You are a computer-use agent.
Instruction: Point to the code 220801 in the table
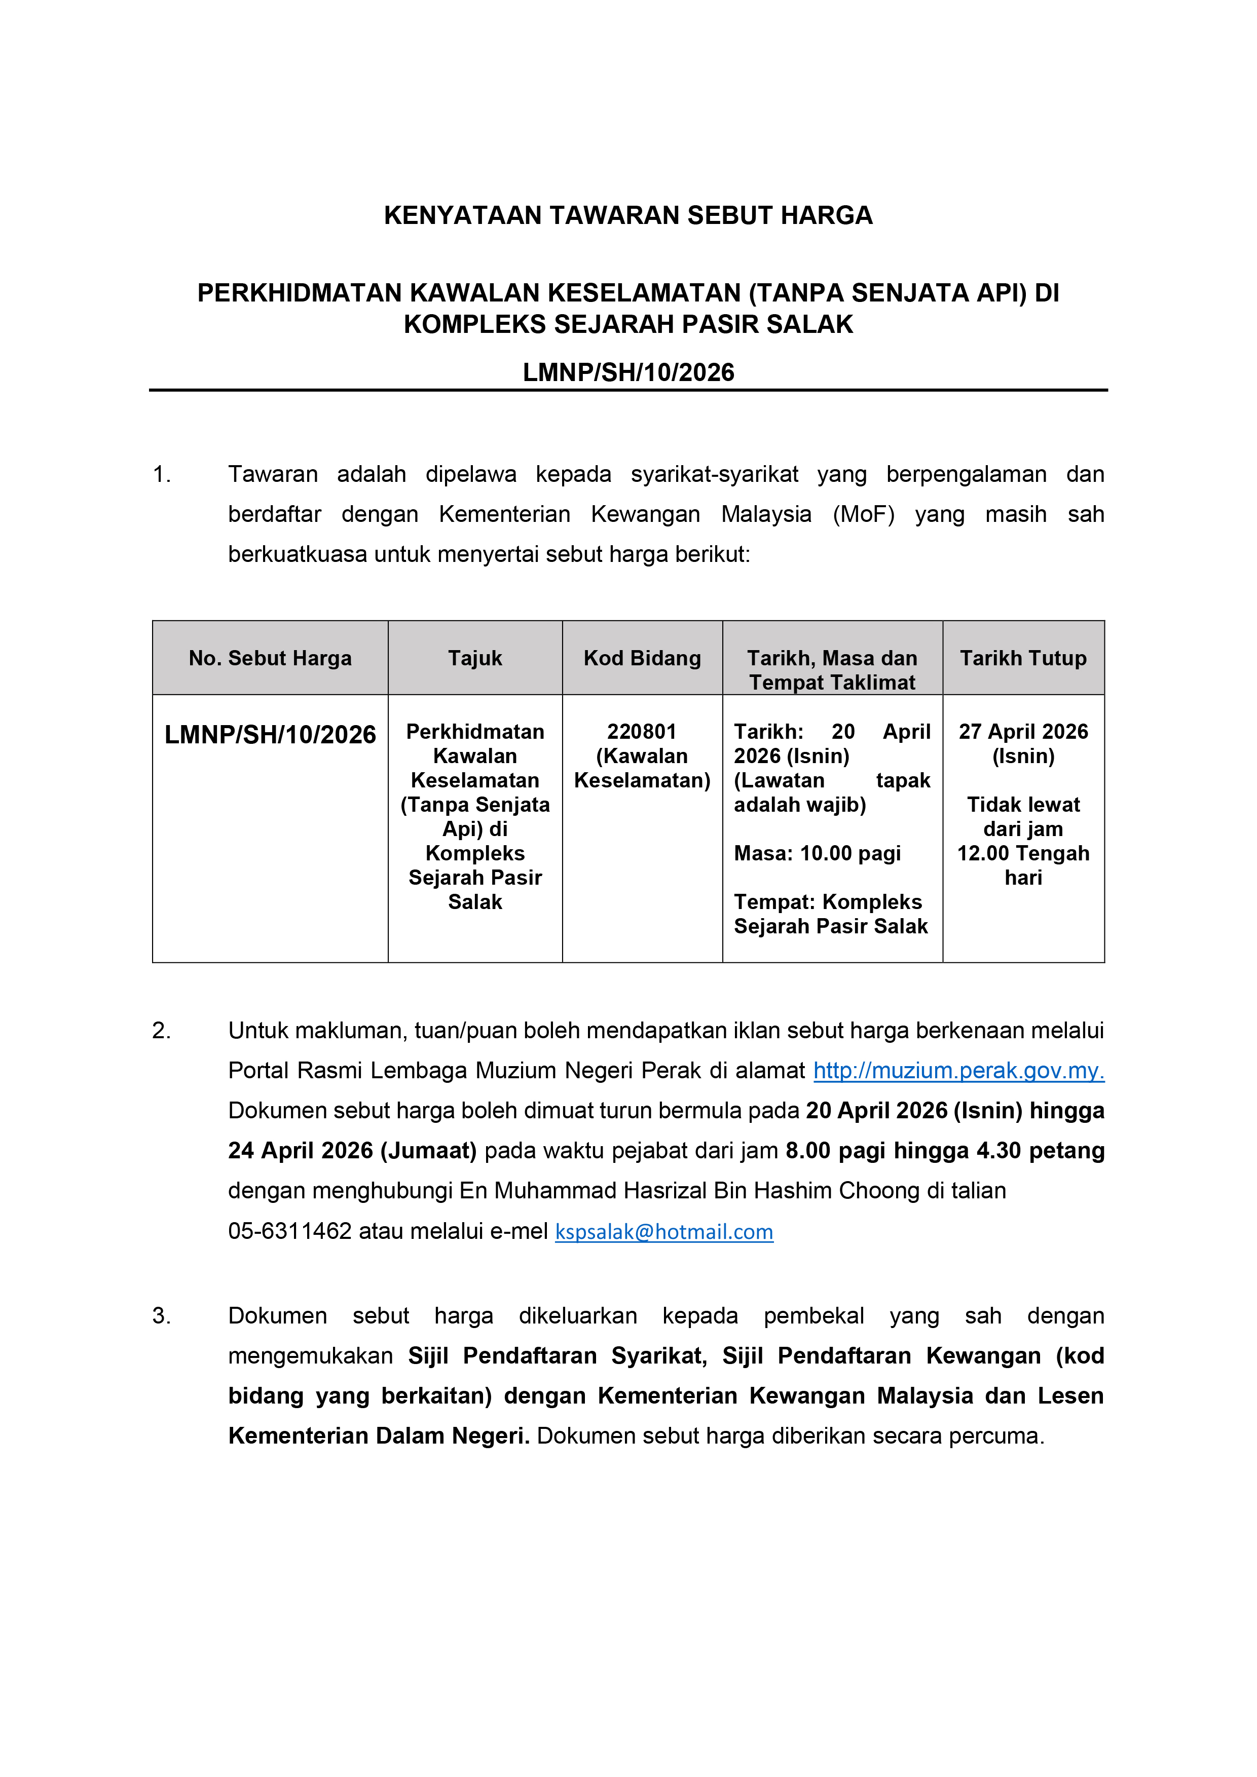[x=642, y=731]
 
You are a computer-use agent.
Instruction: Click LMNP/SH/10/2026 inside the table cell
[x=270, y=735]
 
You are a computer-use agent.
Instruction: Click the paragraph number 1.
[x=161, y=474]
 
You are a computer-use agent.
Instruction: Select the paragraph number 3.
[x=161, y=1316]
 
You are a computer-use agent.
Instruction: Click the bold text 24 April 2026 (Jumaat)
[x=352, y=1151]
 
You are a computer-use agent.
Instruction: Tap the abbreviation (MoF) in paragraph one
[x=863, y=515]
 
